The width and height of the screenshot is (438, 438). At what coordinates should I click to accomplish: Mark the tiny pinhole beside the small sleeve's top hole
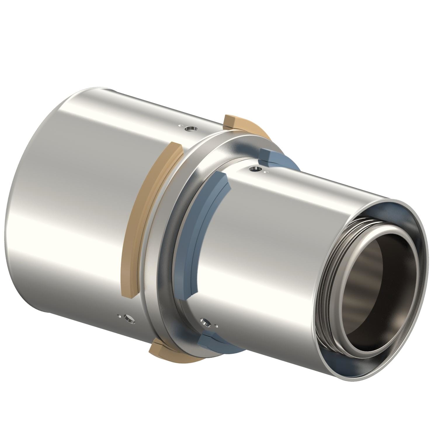click(x=265, y=172)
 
